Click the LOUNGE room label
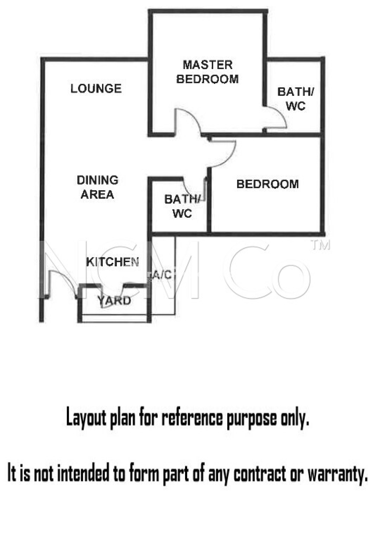click(96, 89)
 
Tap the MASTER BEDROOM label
click(207, 72)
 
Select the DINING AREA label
click(97, 187)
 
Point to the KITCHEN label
click(113, 262)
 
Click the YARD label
click(114, 300)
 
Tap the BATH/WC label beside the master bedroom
click(295, 99)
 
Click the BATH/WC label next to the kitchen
click(182, 206)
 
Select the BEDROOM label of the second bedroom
click(268, 184)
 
